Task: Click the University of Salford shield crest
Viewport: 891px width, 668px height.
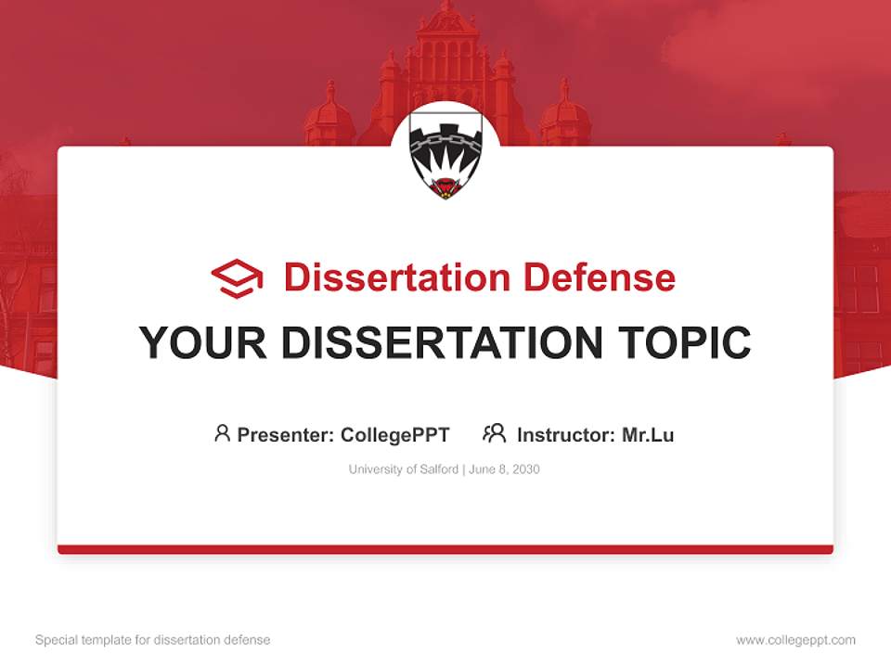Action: [x=445, y=159]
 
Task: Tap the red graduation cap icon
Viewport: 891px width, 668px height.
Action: [x=237, y=278]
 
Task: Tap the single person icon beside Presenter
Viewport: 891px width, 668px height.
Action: [x=222, y=433]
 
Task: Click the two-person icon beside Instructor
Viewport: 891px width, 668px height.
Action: [x=494, y=433]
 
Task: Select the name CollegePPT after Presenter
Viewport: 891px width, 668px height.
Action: [x=395, y=434]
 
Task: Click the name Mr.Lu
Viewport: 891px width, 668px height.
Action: [x=648, y=434]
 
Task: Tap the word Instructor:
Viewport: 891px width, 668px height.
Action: [x=566, y=434]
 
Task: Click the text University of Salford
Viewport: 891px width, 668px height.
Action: [x=404, y=469]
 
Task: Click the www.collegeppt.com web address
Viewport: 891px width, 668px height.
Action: [x=795, y=640]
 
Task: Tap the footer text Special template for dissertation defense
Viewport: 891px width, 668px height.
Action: [x=153, y=640]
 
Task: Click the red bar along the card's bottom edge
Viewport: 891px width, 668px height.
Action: [x=445, y=549]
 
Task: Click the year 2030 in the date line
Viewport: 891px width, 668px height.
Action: [x=524, y=469]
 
